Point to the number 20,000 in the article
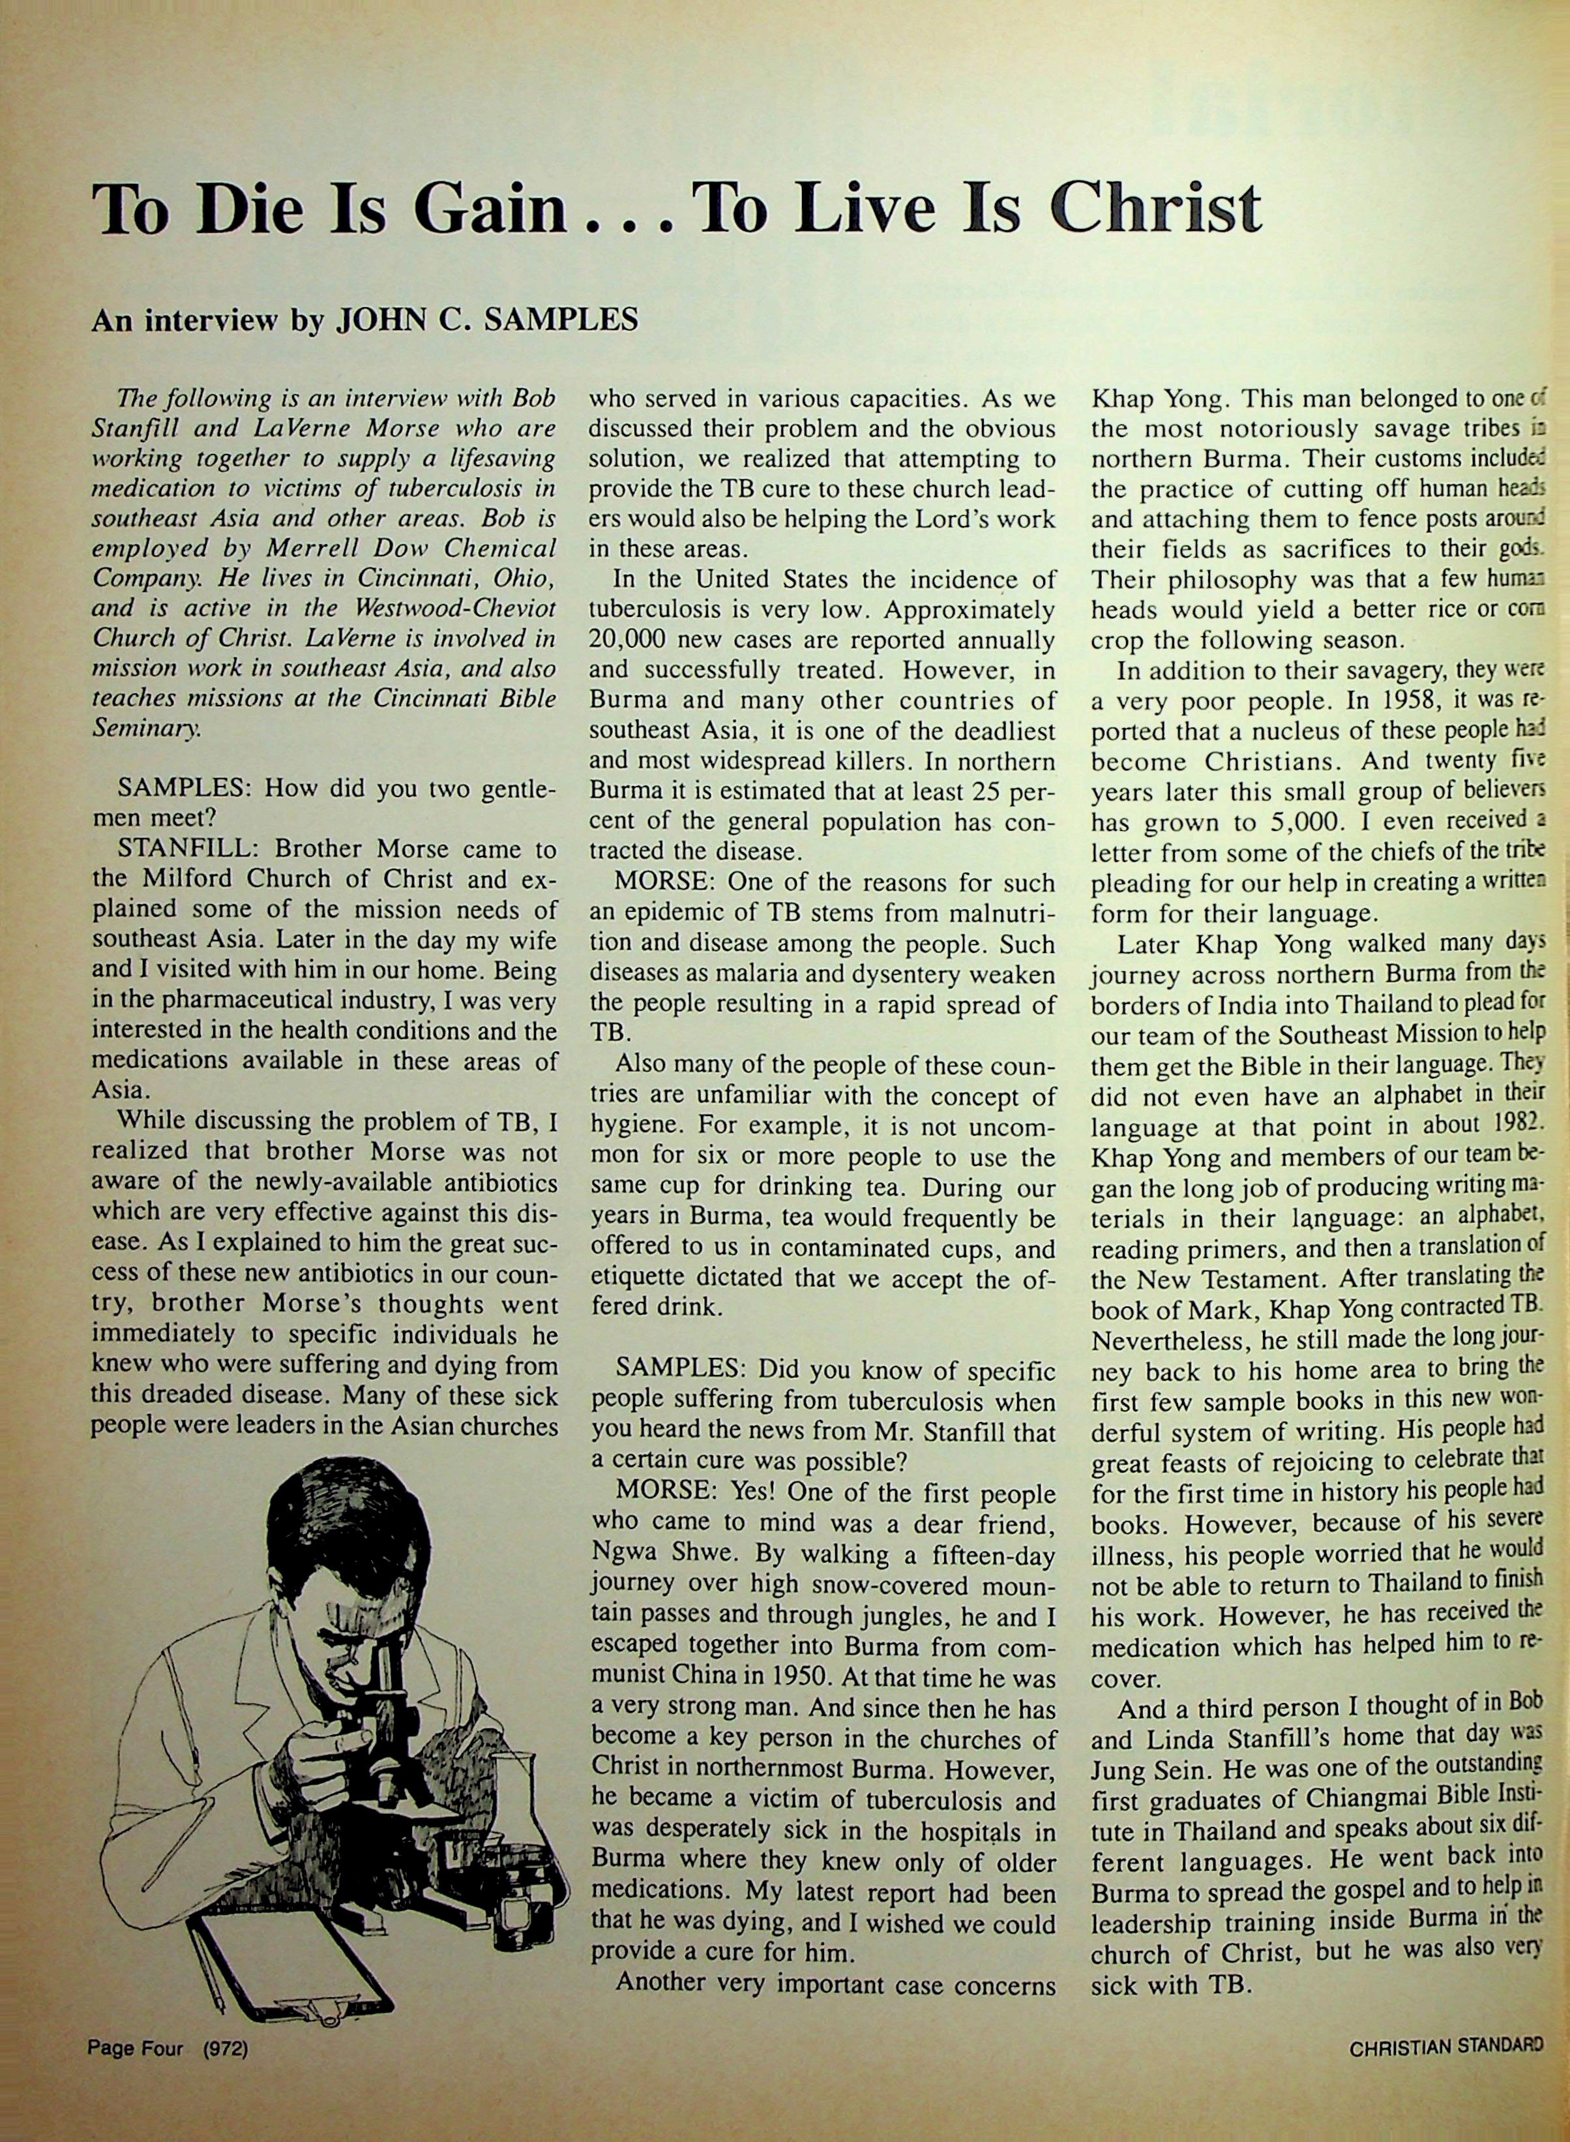pyautogui.click(x=635, y=640)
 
